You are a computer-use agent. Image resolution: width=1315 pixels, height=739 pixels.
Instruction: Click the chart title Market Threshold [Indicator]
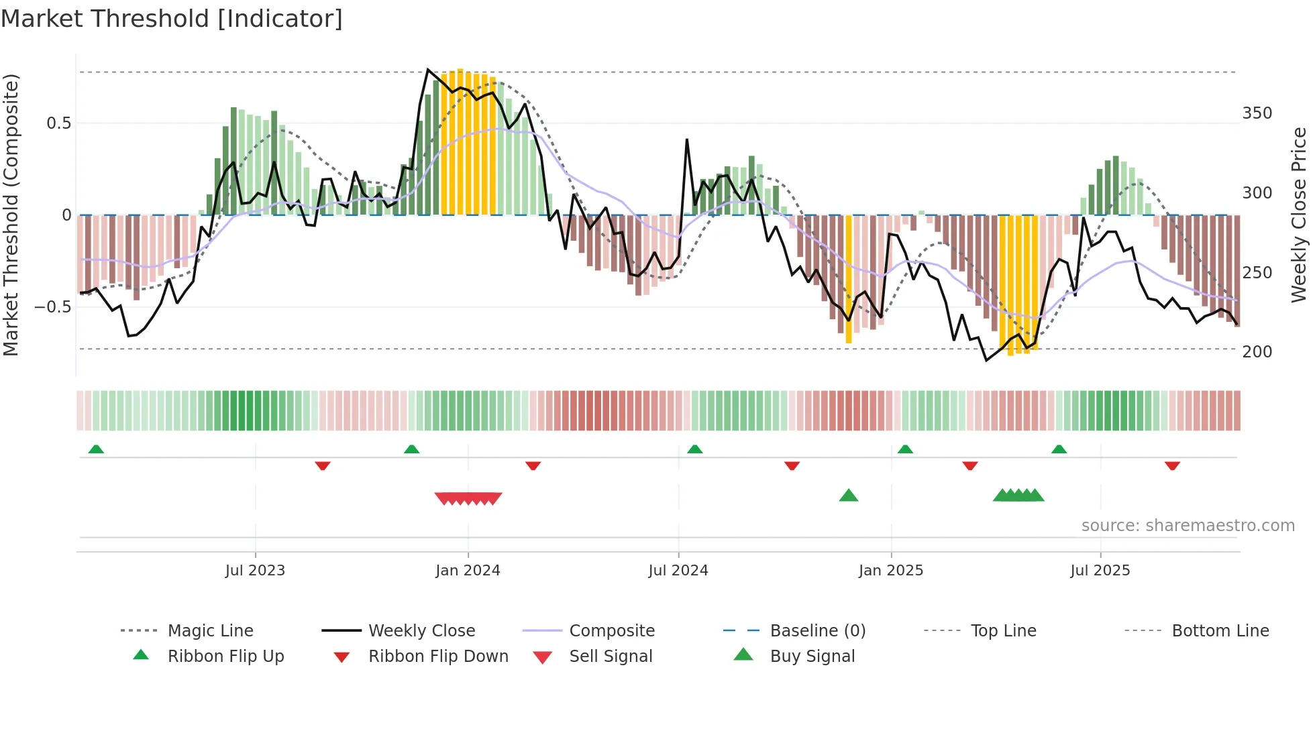172,19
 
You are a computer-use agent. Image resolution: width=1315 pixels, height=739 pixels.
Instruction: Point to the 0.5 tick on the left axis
58,123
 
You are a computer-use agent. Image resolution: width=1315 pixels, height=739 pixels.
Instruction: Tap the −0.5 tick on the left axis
53,307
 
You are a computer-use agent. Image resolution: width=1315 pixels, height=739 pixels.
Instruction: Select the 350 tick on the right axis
1257,113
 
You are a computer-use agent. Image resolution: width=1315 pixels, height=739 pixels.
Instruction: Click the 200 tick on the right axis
1257,352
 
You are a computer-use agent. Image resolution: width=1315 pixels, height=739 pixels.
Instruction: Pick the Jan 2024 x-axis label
468,571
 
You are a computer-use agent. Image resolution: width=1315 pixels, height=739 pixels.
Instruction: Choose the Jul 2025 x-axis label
1100,571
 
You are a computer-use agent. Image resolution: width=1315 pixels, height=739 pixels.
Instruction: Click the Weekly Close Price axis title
1299,215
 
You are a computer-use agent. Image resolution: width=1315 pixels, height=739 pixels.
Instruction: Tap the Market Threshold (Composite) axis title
11,215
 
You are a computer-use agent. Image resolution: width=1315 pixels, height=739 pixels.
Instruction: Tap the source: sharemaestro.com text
1188,526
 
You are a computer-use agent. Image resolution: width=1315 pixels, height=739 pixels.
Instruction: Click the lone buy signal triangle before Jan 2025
849,496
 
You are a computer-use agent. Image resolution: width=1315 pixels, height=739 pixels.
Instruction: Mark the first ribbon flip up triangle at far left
96,449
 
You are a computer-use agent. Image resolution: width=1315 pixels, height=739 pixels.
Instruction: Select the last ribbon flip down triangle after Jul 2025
1172,466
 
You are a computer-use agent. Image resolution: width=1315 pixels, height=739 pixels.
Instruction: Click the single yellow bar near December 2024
849,279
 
